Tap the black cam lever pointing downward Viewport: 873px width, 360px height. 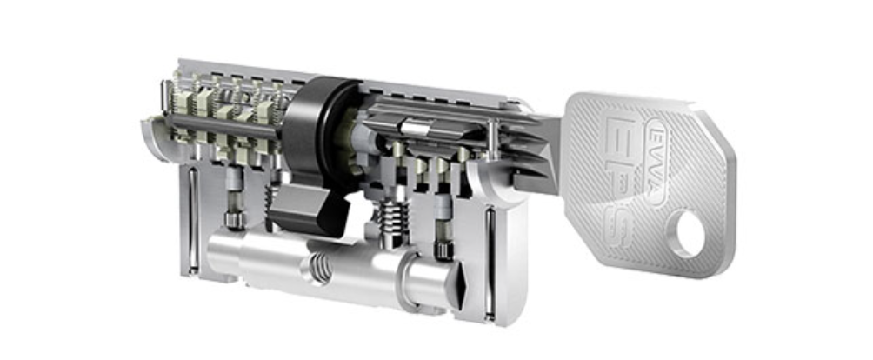click(x=300, y=209)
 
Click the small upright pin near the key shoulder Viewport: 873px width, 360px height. click(x=493, y=139)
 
